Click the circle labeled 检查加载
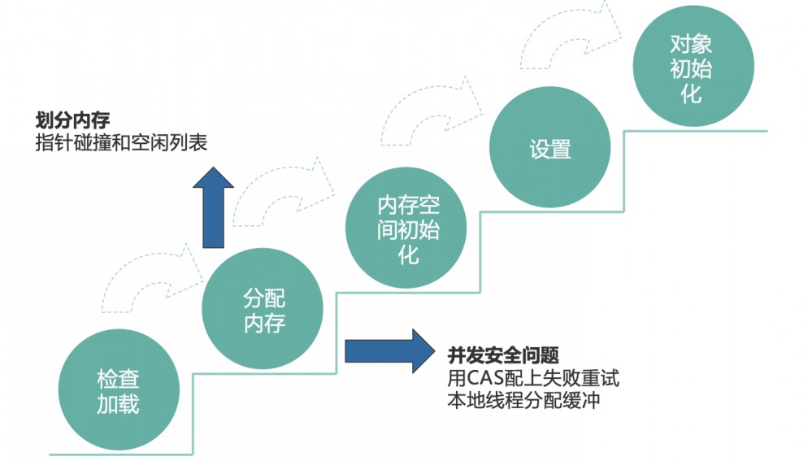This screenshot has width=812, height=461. tap(118, 391)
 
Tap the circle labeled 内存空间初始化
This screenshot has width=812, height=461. tap(407, 229)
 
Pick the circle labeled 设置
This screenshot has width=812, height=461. tap(550, 149)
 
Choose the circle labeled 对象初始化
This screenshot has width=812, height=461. tap(691, 68)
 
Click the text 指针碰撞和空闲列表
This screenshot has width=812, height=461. tap(121, 143)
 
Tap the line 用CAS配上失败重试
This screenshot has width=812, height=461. tap(533, 378)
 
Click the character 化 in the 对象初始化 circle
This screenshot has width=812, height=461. tap(691, 94)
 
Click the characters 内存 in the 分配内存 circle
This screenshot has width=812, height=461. tap(264, 324)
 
